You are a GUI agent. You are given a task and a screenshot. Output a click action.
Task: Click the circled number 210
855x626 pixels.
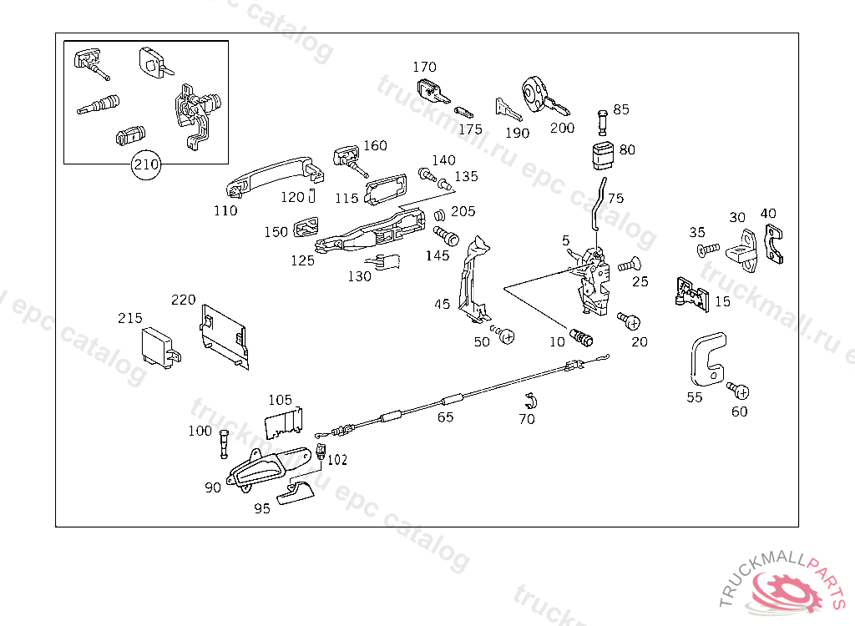tap(146, 165)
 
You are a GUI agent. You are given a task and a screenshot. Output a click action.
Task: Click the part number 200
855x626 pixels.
tap(562, 128)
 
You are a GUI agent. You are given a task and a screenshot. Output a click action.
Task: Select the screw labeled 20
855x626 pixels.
tap(629, 320)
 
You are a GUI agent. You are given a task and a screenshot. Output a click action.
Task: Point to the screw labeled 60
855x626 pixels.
tap(738, 390)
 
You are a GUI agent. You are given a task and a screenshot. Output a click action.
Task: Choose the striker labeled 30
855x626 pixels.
tap(741, 249)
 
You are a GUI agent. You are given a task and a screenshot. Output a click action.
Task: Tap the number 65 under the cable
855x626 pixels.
tap(446, 416)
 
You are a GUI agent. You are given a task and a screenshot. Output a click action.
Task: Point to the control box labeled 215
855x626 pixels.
tap(159, 346)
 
